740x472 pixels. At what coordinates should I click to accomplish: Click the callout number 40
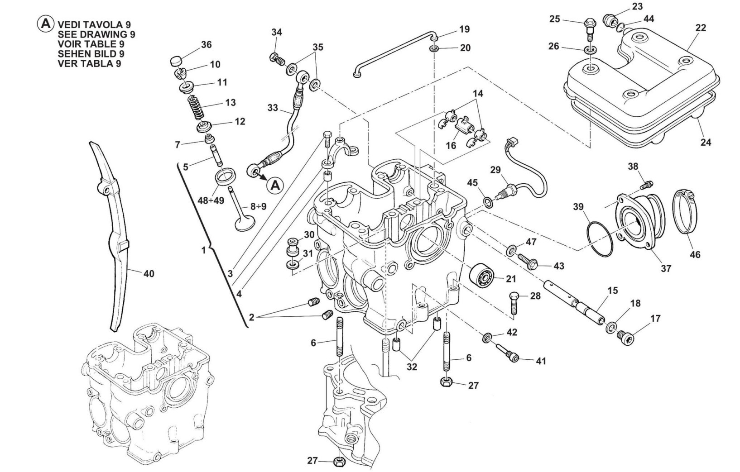click(149, 273)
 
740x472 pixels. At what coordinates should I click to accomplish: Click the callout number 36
click(206, 45)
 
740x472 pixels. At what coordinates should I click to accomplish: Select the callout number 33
click(272, 108)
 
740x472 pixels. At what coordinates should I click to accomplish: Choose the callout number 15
click(613, 291)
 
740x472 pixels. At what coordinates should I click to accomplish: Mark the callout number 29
click(495, 170)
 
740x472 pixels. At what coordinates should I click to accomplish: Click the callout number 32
click(411, 367)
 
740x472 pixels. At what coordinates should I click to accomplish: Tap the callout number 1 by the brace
click(204, 250)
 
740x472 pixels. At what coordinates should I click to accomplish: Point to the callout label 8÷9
click(258, 206)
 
